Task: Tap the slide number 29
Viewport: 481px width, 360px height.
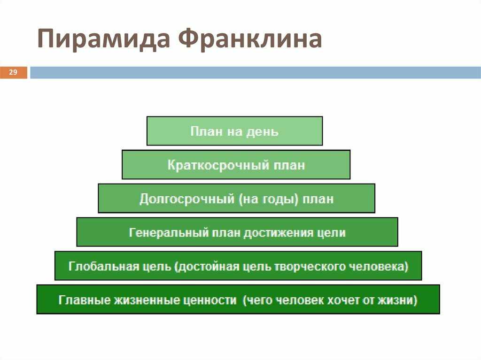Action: pyautogui.click(x=13, y=72)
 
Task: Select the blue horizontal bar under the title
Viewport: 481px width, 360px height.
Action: pyautogui.click(x=255, y=73)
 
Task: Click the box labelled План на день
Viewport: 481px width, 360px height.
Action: pyautogui.click(x=235, y=131)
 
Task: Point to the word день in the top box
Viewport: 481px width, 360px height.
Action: pyautogui.click(x=263, y=131)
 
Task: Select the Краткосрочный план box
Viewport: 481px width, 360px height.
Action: pyautogui.click(x=236, y=165)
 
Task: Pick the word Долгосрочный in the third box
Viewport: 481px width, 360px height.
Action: pyautogui.click(x=187, y=199)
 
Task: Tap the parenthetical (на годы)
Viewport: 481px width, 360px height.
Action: pyautogui.click(x=268, y=199)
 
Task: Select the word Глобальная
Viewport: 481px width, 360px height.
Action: pyautogui.click(x=104, y=266)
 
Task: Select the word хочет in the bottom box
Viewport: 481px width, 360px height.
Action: pyautogui.click(x=344, y=300)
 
